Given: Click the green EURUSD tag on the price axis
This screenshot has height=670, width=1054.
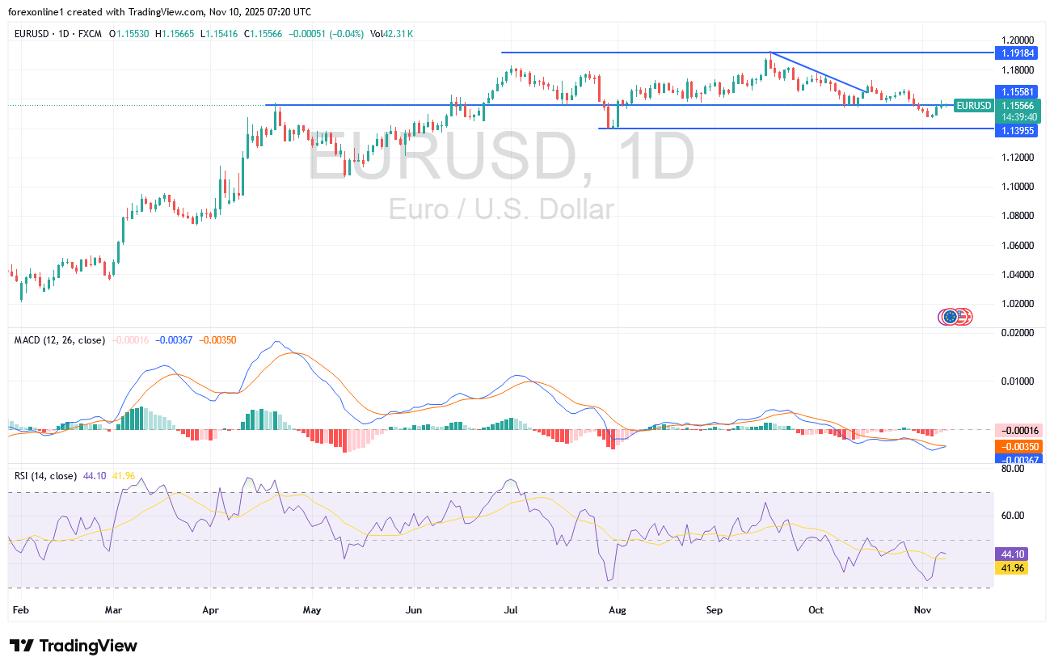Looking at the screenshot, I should [973, 106].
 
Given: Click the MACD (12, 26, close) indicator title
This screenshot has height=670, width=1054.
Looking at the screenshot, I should [60, 340].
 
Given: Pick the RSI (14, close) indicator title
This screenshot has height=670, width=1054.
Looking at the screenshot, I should [45, 476].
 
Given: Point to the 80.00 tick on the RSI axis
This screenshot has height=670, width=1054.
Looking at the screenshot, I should [1012, 468].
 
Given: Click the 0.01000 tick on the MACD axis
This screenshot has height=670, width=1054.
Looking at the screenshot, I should [1014, 381].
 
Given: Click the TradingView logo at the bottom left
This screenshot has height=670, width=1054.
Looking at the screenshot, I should [74, 646].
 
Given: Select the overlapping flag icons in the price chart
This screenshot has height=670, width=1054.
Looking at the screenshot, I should [955, 317].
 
